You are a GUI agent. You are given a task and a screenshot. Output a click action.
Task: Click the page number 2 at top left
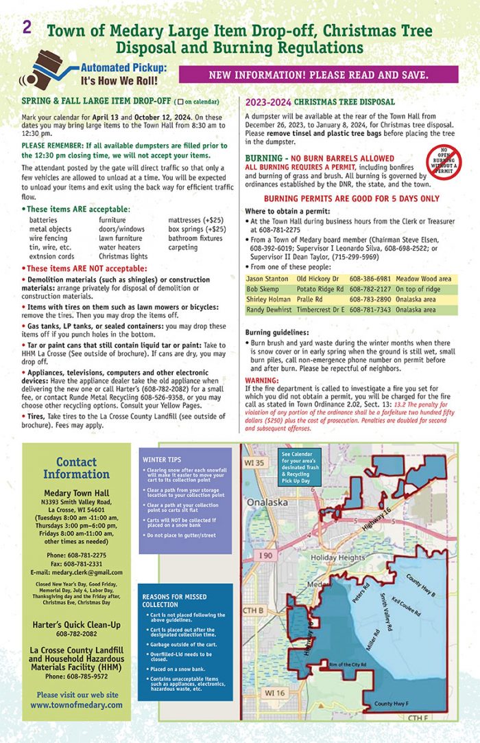(27, 27)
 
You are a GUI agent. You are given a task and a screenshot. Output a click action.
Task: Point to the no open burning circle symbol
(443, 163)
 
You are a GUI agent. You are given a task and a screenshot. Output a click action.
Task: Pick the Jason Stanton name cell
(269, 279)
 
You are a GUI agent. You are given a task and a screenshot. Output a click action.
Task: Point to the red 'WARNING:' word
(262, 380)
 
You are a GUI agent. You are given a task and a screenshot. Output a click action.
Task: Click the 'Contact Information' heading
(75, 468)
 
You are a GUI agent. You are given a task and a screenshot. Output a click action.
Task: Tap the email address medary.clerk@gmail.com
(75, 572)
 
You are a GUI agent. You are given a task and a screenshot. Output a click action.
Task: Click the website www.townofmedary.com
(75, 705)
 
